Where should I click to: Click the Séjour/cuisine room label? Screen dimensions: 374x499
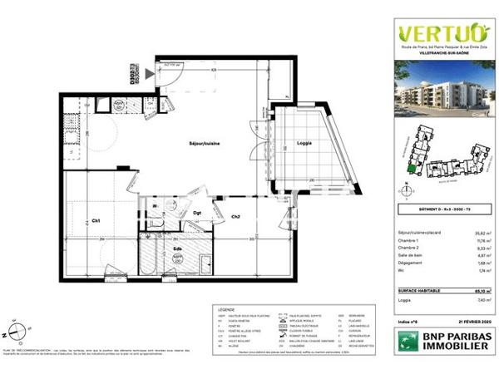coord(203,144)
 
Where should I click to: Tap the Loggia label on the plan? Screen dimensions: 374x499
coord(304,144)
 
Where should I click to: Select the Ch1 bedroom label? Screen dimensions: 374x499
coord(96,220)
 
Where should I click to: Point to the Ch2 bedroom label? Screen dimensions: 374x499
coord(235,217)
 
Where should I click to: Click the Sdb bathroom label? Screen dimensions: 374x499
coord(177,248)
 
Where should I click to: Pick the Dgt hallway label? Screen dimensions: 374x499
coord(198,214)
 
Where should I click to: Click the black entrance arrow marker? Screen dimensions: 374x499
coord(150,74)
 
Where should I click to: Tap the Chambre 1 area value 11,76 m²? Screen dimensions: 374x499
coord(483,242)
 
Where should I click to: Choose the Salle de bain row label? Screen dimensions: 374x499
coord(413,257)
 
